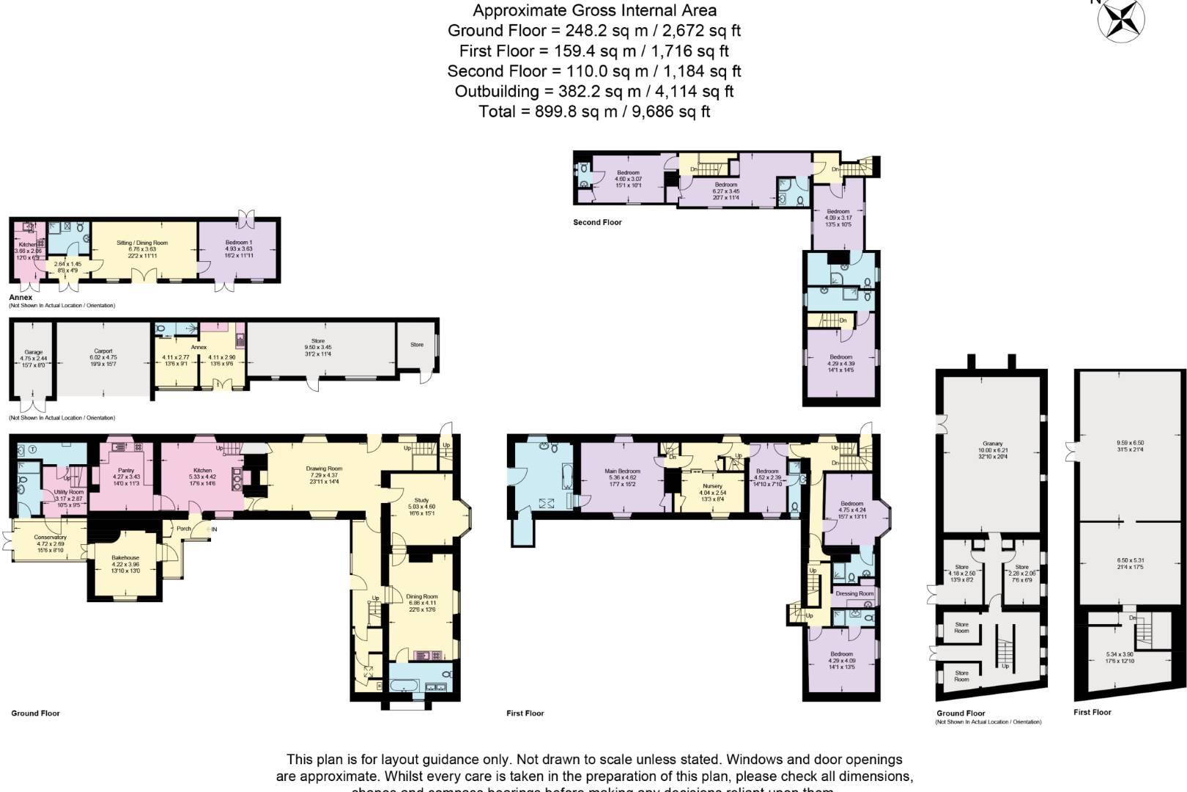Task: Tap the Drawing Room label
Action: tap(324, 469)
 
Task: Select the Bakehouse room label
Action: tap(125, 557)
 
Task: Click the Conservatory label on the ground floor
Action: tap(50, 538)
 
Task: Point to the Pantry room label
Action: tap(125, 471)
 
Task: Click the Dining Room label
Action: tap(421, 597)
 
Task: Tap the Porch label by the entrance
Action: tap(183, 528)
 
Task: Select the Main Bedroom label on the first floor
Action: tap(622, 472)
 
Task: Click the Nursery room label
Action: tap(712, 486)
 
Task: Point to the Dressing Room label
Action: tap(854, 593)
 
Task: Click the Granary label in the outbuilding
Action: tap(993, 444)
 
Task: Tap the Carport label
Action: tap(103, 351)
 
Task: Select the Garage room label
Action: tap(33, 352)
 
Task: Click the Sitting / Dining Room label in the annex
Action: tap(142, 243)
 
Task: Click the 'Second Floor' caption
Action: tap(597, 222)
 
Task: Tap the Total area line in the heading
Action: tap(593, 111)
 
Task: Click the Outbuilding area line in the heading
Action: tap(593, 92)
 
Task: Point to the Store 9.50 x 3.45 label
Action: tap(318, 341)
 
